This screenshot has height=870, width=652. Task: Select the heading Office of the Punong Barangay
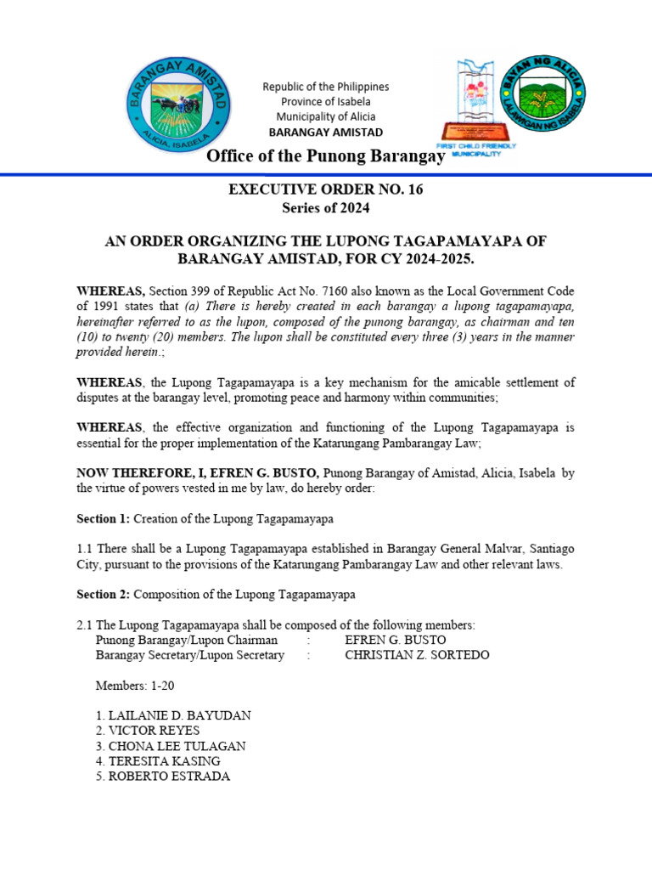(x=326, y=156)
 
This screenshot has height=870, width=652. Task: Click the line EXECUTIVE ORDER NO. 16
(x=325, y=189)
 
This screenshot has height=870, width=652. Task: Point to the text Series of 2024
(x=325, y=208)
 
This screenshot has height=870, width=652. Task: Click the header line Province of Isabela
(x=325, y=102)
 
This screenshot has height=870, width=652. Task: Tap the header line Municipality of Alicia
(x=325, y=117)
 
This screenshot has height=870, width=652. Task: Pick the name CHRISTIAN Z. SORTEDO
(x=417, y=655)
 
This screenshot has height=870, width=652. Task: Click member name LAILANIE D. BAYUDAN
(x=173, y=715)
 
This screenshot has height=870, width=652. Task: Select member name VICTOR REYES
(x=148, y=731)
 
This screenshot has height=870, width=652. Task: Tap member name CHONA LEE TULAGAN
(x=171, y=746)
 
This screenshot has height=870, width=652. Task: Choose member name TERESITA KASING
(x=158, y=761)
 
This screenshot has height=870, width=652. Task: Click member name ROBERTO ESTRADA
(x=162, y=777)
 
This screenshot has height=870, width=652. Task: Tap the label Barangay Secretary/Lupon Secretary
(x=189, y=655)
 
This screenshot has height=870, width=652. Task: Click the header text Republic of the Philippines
(x=325, y=87)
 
